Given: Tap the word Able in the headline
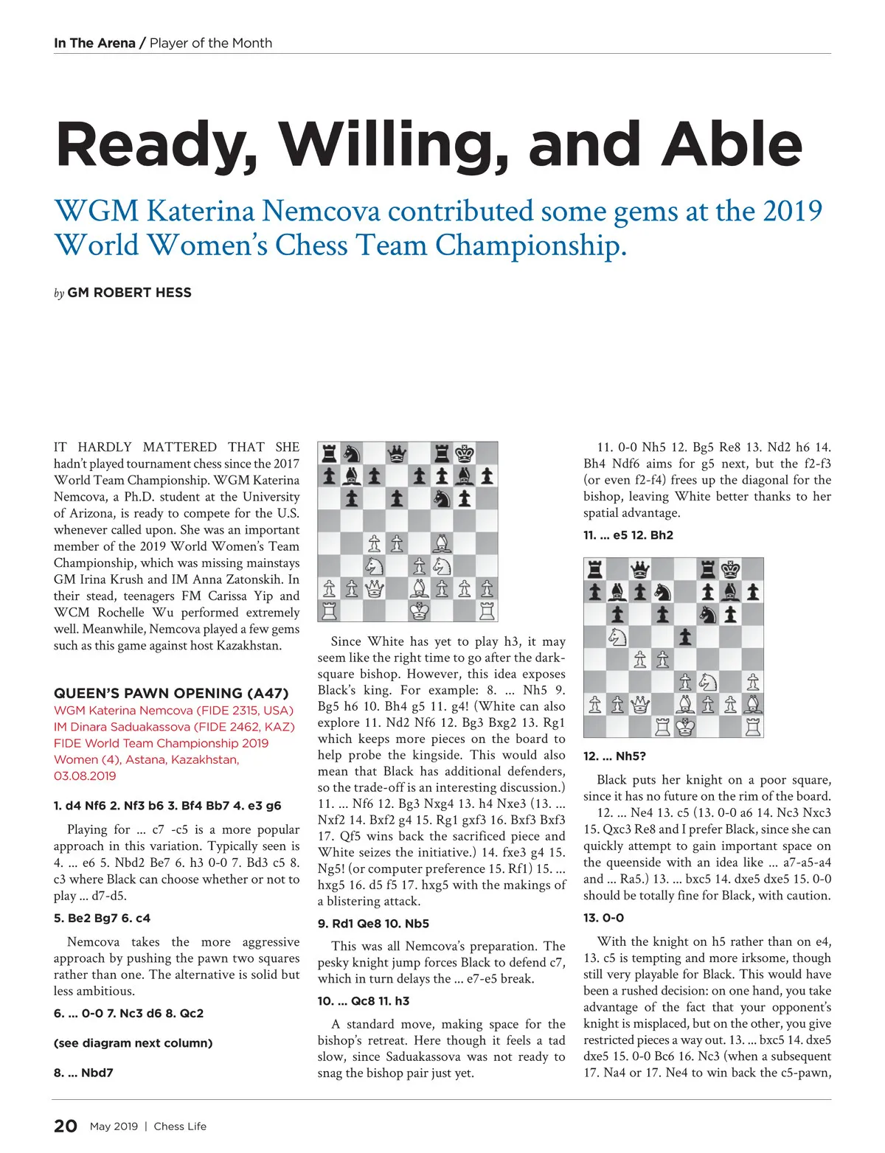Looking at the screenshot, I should pos(732,144).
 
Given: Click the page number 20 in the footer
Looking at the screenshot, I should pos(66,1126).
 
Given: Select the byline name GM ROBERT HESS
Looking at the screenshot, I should pos(129,293).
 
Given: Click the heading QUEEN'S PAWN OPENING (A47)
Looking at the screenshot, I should pos(171,693).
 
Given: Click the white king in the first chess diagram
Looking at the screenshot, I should pos(420,611).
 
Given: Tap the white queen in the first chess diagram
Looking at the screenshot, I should pos(375,588).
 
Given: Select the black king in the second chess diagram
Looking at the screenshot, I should pos(731,568).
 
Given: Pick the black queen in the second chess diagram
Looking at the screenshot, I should pos(640,568).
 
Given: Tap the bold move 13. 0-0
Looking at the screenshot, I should pos(603,918).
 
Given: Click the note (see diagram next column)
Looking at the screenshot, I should pos(133,1043).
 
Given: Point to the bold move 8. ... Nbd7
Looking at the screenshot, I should pos(83,1073).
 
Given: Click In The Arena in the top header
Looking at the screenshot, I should pos(94,43).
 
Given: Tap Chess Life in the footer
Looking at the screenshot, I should pos(180,1126).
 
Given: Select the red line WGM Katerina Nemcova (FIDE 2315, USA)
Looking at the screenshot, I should pos(173,711).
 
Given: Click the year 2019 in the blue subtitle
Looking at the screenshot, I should pos(792,211).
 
